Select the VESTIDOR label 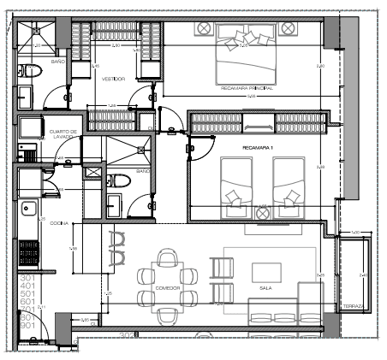[114, 79]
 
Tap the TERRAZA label [354, 306]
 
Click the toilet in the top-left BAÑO [32, 71]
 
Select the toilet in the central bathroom [121, 180]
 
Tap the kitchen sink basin [28, 207]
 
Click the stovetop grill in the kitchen [29, 253]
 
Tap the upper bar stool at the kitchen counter [117, 239]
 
